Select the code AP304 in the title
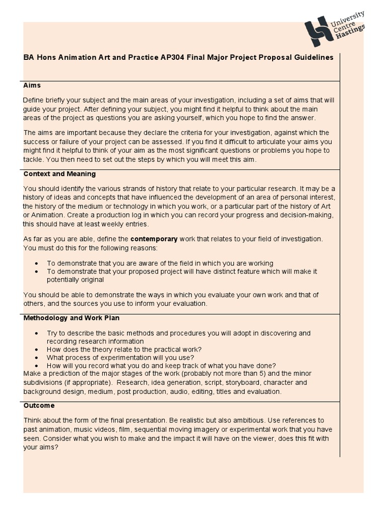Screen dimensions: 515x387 click(170, 57)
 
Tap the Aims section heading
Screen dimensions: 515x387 click(32, 85)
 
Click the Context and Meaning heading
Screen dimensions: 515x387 click(59, 174)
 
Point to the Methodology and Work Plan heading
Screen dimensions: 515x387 click(71, 318)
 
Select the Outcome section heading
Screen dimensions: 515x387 click(39, 405)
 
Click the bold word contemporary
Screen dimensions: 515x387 click(154, 239)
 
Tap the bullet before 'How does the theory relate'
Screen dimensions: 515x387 click(37, 350)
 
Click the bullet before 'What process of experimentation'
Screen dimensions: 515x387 click(37, 358)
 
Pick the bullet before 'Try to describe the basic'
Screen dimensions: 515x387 click(37, 333)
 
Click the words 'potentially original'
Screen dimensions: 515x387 click(75, 280)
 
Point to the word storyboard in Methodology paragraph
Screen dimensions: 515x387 click(200, 383)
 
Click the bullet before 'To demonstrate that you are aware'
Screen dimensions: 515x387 click(37, 264)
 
